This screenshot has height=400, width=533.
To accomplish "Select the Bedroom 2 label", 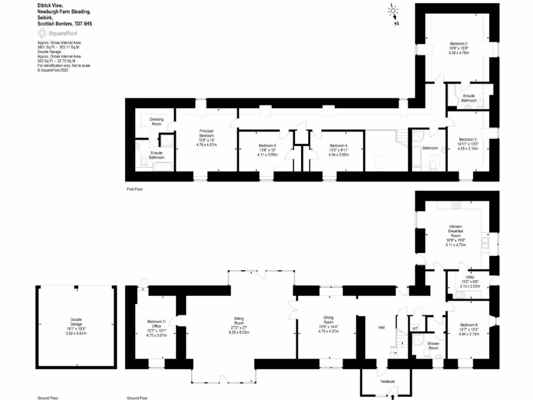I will [x=459, y=43].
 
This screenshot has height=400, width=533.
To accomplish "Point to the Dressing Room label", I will [x=156, y=121].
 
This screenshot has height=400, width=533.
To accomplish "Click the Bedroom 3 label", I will [x=467, y=139].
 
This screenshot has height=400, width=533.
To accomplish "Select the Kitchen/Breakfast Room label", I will [x=456, y=231].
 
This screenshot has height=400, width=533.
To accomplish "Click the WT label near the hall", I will [x=415, y=328].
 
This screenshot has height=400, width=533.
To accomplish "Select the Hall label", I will [x=382, y=327].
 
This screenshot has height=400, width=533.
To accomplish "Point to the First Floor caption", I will [x=135, y=189].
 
